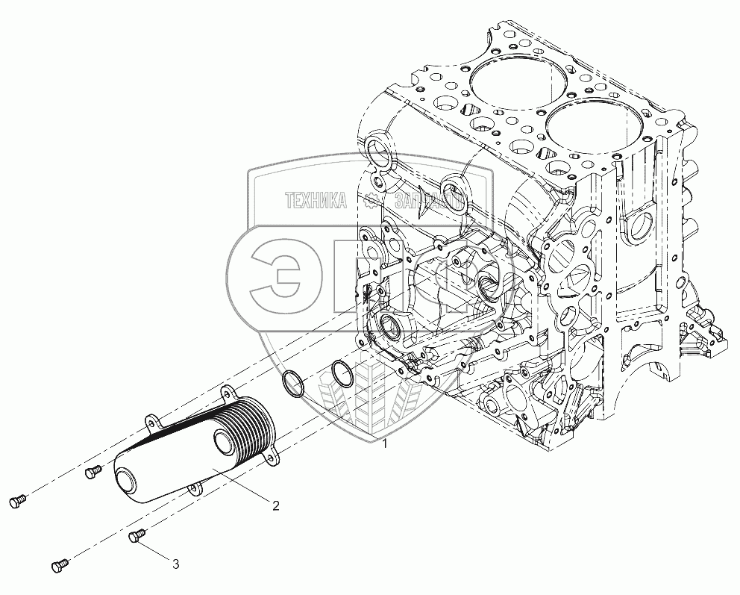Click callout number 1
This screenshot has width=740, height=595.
(385, 444)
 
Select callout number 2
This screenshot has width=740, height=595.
(275, 505)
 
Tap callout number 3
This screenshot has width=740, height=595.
(176, 564)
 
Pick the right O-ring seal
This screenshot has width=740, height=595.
(340, 374)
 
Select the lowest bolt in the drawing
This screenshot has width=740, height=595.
(60, 567)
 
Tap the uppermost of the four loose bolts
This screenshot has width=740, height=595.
(93, 471)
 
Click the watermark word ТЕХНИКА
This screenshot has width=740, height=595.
(316, 200)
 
